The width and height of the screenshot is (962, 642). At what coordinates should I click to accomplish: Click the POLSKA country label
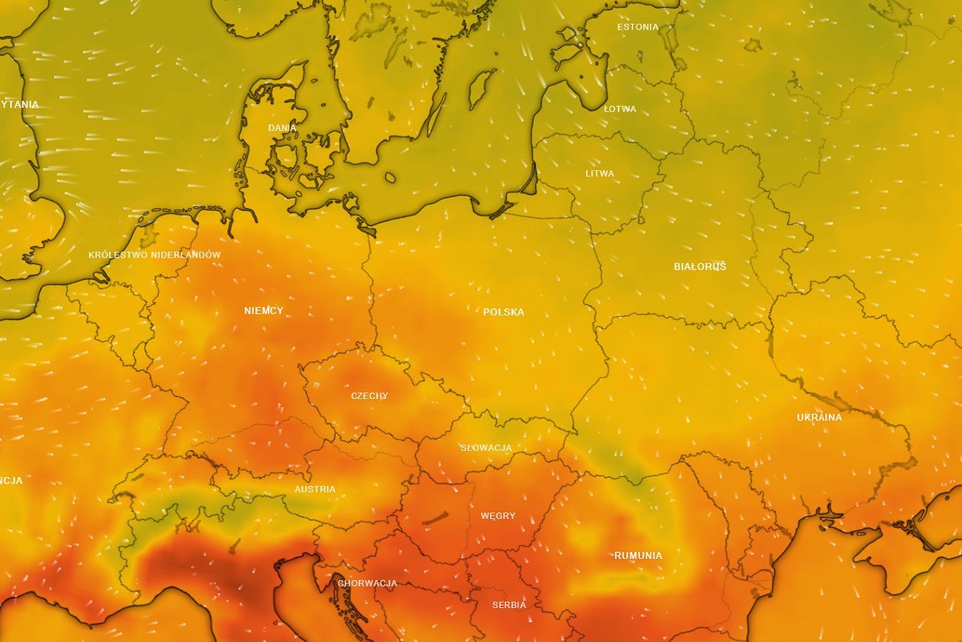click(503, 312)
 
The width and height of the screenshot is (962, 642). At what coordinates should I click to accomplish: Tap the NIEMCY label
click(263, 311)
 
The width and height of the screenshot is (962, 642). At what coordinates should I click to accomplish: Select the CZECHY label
click(369, 396)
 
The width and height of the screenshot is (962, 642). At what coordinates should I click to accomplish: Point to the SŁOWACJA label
click(485, 448)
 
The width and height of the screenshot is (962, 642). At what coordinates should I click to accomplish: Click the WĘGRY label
click(498, 516)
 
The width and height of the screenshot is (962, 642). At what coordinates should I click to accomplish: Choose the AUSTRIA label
click(314, 489)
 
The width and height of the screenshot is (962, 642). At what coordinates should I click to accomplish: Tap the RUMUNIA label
click(638, 555)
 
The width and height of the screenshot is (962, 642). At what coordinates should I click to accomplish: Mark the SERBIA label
click(509, 605)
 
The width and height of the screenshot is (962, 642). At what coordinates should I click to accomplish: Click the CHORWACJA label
click(367, 584)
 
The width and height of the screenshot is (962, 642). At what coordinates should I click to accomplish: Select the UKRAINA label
click(819, 418)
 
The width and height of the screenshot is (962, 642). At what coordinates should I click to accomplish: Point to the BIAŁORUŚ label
click(699, 267)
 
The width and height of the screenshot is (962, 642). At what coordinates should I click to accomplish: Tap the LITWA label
click(599, 174)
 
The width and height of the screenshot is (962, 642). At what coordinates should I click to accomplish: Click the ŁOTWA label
click(619, 109)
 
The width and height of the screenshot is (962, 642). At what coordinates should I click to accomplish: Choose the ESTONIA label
click(637, 27)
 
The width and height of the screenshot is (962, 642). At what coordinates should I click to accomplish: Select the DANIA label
click(282, 128)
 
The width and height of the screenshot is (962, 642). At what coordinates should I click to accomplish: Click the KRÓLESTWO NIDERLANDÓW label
click(154, 255)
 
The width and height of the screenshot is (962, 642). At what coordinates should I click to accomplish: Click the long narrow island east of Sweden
click(436, 115)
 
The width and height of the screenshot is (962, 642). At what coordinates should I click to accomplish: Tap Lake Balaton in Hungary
click(435, 518)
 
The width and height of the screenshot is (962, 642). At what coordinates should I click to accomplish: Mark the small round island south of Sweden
click(390, 177)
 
